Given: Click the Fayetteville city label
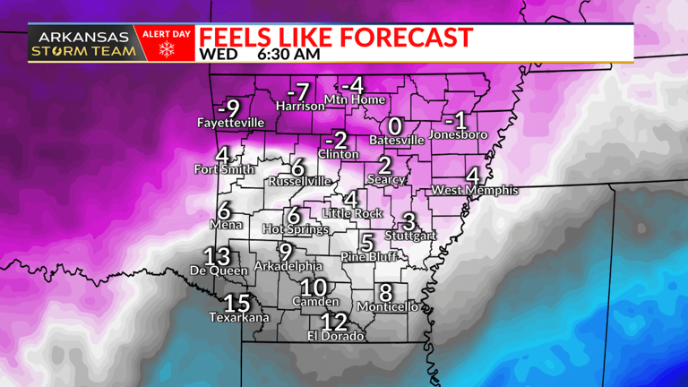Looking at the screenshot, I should point(231,122).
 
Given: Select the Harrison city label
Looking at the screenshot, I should point(300,106).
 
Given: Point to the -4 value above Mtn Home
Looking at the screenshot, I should point(356,85).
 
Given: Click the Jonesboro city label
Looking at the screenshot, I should point(459,135).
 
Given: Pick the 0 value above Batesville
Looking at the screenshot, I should point(394,126).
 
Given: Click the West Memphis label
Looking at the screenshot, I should point(475,190).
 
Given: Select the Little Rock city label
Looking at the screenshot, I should point(352,213).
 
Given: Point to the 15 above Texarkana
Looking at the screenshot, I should point(237,303).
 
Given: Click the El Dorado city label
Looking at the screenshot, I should point(336,336).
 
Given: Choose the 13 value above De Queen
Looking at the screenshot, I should point(217,255).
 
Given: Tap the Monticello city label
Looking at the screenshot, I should point(388,306).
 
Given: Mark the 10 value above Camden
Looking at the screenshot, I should point(314,288).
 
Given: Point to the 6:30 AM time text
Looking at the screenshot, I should point(288,54).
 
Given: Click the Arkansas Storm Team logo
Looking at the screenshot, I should point(84,45).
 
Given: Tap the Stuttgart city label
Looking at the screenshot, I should point(410,236).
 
